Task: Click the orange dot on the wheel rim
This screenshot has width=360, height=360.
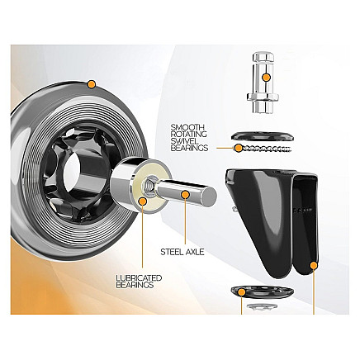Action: (91, 84)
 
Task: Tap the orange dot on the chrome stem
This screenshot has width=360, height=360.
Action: (266, 78)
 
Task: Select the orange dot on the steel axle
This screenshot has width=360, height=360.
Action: (186, 195)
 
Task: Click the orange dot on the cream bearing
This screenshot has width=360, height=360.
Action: (143, 201)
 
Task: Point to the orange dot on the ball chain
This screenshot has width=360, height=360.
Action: (239, 148)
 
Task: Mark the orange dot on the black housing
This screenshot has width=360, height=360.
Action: (314, 266)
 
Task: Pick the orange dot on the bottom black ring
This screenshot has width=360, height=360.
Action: (242, 292)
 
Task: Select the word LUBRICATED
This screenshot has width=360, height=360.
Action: (139, 277)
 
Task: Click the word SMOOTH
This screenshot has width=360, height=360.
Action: (187, 127)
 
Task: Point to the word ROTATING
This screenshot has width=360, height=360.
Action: (189, 135)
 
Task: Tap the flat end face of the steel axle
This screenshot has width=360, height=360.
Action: (210, 195)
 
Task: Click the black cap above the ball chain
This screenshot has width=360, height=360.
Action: (263, 136)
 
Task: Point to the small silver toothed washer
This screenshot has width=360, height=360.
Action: (261, 306)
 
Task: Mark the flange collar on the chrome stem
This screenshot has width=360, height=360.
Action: (263, 97)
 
